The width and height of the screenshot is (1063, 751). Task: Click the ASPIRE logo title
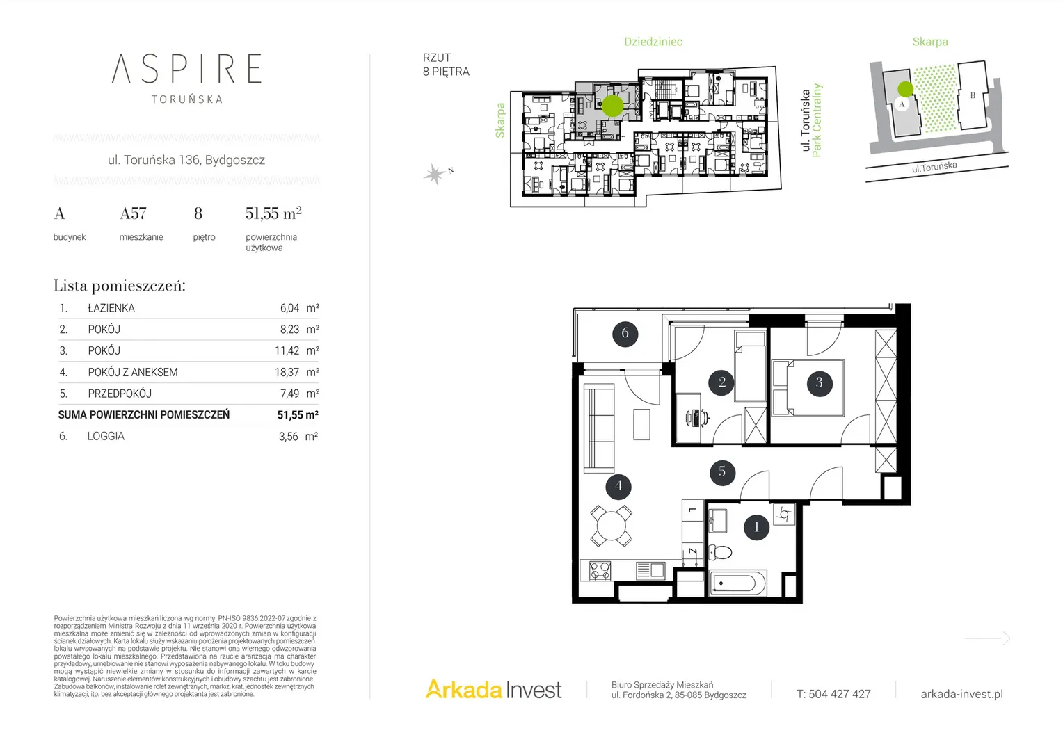pos(186,68)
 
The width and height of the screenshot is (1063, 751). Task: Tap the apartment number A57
pos(133,213)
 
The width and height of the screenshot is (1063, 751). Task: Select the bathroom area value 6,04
pos(289,308)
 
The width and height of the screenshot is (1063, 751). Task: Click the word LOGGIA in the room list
pos(106,436)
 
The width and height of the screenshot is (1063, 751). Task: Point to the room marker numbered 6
pos(625,334)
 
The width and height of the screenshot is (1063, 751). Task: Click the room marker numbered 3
pos(819,382)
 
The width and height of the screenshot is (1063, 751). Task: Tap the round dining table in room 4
pos(612,525)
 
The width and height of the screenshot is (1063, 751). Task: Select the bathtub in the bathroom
pos(737,583)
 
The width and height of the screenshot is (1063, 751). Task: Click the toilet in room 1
pos(720,552)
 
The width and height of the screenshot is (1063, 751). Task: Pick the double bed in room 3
pos(808,388)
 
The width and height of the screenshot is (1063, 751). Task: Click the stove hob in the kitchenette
pos(600,571)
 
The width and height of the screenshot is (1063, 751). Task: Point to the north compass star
pos(435,175)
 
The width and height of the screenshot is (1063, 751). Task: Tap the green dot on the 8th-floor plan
pos(613,106)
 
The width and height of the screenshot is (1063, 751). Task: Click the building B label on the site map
pos(973,95)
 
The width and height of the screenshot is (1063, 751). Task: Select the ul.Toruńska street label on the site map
pos(934,167)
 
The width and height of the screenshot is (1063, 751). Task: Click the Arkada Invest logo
pos(493,689)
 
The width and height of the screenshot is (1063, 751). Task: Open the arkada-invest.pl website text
pos(962,694)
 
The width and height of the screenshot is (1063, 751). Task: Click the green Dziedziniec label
pos(653,42)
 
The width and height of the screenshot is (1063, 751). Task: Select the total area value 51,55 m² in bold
pos(298,414)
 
